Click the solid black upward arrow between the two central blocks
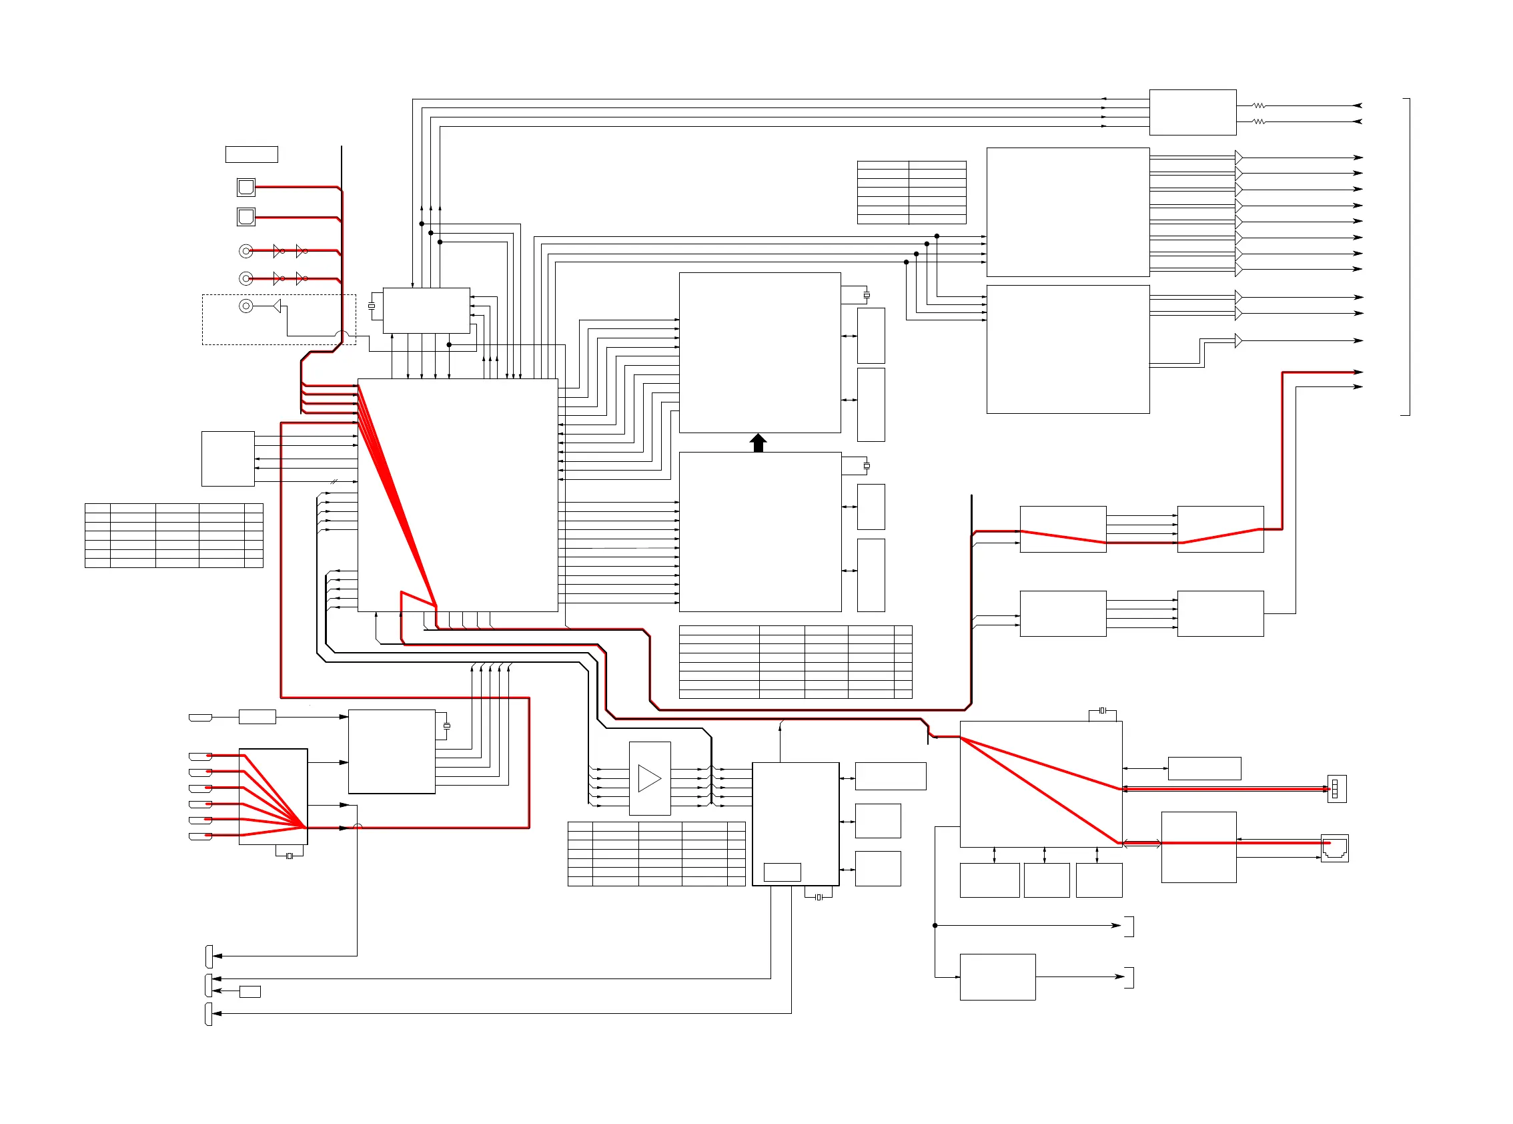(x=758, y=443)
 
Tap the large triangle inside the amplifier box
(x=648, y=778)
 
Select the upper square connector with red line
(x=245, y=186)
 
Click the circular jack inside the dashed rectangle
(x=245, y=306)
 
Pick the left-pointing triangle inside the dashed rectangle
(x=277, y=306)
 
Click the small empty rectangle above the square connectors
(x=251, y=154)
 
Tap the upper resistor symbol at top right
(x=1259, y=105)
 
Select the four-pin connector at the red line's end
(x=1336, y=788)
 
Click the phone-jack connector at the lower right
(x=1334, y=848)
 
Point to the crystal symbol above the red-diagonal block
(x=1102, y=710)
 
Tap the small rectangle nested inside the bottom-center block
(x=781, y=872)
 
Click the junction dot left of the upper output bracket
(x=935, y=925)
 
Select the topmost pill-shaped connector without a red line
(x=200, y=717)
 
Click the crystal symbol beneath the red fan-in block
(x=290, y=856)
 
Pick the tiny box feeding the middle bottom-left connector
(x=249, y=991)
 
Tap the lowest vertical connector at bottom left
(x=208, y=1014)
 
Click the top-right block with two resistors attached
(x=1192, y=112)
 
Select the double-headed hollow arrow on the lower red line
(x=1141, y=844)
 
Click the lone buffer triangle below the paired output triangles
(x=1238, y=340)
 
